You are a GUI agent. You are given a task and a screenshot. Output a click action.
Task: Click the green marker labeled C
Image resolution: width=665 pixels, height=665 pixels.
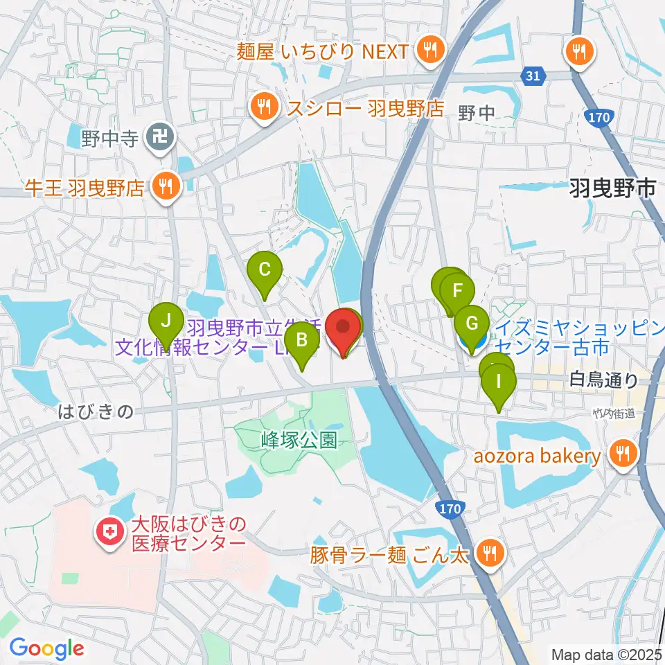pyautogui.click(x=264, y=269)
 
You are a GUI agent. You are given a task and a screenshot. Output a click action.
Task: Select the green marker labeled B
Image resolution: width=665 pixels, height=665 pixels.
pyautogui.click(x=302, y=340)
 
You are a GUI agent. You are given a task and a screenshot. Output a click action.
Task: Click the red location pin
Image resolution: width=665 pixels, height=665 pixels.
pyautogui.click(x=344, y=326)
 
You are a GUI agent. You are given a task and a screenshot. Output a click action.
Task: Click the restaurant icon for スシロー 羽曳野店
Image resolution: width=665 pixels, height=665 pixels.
pyautogui.click(x=264, y=107)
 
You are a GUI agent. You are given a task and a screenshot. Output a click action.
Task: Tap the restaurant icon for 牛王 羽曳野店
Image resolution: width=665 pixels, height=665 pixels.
pyautogui.click(x=166, y=185)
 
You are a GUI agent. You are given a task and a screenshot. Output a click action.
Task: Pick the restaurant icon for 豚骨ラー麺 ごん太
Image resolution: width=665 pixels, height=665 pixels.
pyautogui.click(x=490, y=552)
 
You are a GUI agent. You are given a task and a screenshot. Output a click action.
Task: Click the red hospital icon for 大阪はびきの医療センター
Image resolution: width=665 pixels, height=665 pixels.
pyautogui.click(x=109, y=533)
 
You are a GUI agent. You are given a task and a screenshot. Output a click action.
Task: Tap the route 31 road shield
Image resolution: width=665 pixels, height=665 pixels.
pyautogui.click(x=532, y=77)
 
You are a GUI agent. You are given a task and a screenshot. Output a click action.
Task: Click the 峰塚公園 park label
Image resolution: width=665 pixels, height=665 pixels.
pyautogui.click(x=299, y=440)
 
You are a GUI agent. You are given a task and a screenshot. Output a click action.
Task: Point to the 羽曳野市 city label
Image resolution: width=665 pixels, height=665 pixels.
pyautogui.click(x=612, y=187)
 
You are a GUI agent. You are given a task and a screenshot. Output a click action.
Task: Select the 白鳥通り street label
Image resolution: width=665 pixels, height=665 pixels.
pyautogui.click(x=604, y=379)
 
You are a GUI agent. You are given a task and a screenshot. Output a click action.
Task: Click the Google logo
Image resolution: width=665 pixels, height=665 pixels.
pyautogui.click(x=46, y=648)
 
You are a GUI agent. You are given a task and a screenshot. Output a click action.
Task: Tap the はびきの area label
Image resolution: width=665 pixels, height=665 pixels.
pyautogui.click(x=95, y=412)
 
